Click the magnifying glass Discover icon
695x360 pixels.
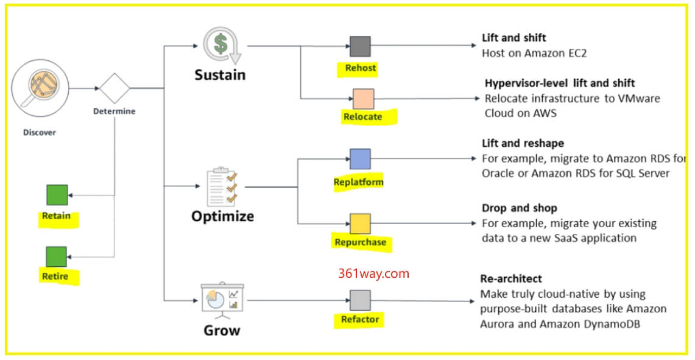point(43,88)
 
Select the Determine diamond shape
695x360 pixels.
point(115,88)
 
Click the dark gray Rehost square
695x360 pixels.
point(360,46)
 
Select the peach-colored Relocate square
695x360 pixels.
point(363,98)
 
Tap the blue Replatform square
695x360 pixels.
point(360,159)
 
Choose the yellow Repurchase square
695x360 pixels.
point(360,224)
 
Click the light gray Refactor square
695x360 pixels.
point(360,300)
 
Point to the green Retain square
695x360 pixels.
point(57,194)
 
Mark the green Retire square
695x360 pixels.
point(57,256)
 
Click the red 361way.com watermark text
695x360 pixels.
point(374,274)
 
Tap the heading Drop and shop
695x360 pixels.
point(520,208)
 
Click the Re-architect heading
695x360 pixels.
point(510,278)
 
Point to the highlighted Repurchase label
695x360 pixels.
point(360,242)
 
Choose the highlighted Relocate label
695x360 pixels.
point(362,116)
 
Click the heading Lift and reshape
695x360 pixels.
point(523,144)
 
